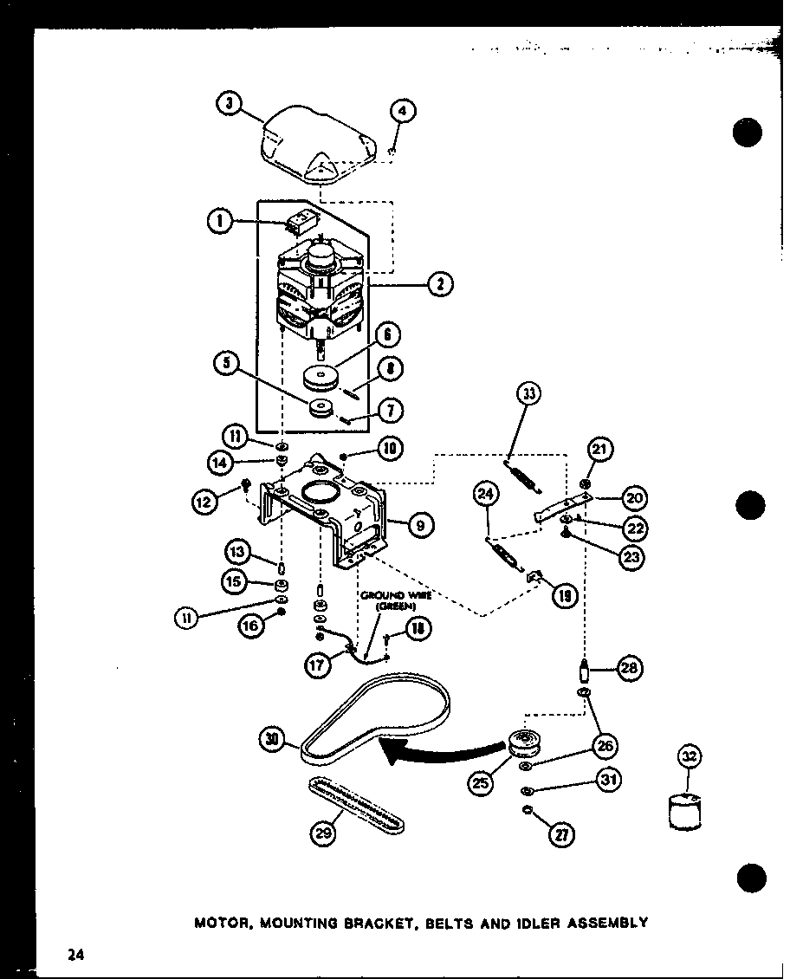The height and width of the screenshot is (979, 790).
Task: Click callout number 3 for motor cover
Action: tap(228, 105)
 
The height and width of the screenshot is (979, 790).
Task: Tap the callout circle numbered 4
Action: tap(402, 112)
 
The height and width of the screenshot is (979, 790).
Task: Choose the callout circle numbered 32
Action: tap(688, 758)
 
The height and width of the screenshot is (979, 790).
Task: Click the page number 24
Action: tap(75, 955)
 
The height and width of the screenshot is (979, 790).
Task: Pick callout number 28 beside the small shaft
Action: tap(629, 668)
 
